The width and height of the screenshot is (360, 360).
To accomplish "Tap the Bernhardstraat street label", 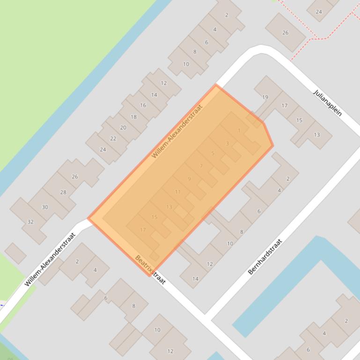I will [x=265, y=256].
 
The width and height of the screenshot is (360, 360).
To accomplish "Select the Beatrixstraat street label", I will [x=150, y=269].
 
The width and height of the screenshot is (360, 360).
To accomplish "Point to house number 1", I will [x=239, y=131].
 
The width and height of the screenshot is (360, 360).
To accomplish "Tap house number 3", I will [x=228, y=144].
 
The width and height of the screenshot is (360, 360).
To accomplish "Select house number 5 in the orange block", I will [x=213, y=153].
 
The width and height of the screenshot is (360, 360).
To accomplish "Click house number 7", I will [x=201, y=166].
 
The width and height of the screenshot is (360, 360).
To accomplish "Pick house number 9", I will [x=189, y=179].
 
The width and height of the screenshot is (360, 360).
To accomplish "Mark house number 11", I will [x=177, y=192].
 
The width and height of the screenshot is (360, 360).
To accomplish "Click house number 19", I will [x=265, y=97].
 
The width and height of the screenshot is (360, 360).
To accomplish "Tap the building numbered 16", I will [x=143, y=105].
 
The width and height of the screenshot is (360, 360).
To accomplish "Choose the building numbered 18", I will [x=133, y=117].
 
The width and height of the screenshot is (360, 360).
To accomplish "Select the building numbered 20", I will [x=123, y=127].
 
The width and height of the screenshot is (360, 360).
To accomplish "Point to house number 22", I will [x=113, y=138].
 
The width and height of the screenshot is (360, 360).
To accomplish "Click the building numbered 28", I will [x=63, y=192].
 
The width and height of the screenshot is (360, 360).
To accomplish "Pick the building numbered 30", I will [x=45, y=207].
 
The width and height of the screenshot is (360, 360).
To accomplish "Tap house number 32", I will [x=30, y=222].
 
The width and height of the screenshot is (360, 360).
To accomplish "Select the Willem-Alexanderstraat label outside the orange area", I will [x=50, y=260].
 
